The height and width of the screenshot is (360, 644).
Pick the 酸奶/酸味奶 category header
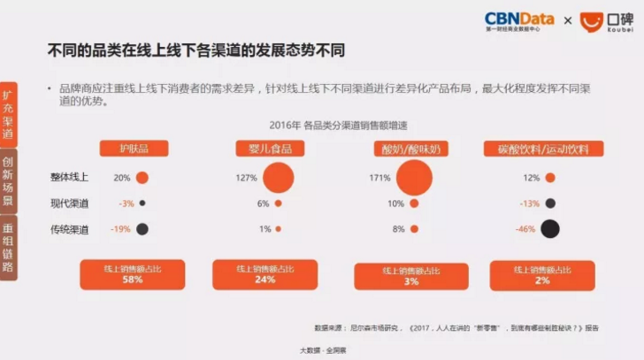point(408,149)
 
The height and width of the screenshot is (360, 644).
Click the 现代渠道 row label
point(70,203)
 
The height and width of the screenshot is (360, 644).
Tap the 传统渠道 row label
point(70,230)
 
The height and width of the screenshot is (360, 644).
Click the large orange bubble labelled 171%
point(419,178)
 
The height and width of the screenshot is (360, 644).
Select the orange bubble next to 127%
point(278,178)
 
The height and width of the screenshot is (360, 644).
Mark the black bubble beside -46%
point(550,230)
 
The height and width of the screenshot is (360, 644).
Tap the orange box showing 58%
point(133,274)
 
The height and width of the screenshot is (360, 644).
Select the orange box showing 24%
point(265,274)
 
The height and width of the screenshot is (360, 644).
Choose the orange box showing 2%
point(541,274)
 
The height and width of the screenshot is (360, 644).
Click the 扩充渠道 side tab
point(8,115)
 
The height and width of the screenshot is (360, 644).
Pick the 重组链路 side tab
point(8,249)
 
